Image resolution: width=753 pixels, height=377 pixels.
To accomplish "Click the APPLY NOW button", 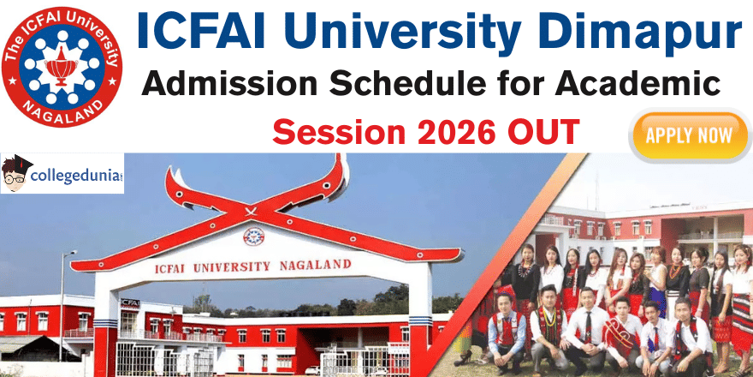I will click(x=689, y=135).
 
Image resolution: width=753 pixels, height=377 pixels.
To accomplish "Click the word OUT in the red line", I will click(x=543, y=133).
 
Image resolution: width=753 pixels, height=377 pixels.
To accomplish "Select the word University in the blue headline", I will click(x=397, y=34).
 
